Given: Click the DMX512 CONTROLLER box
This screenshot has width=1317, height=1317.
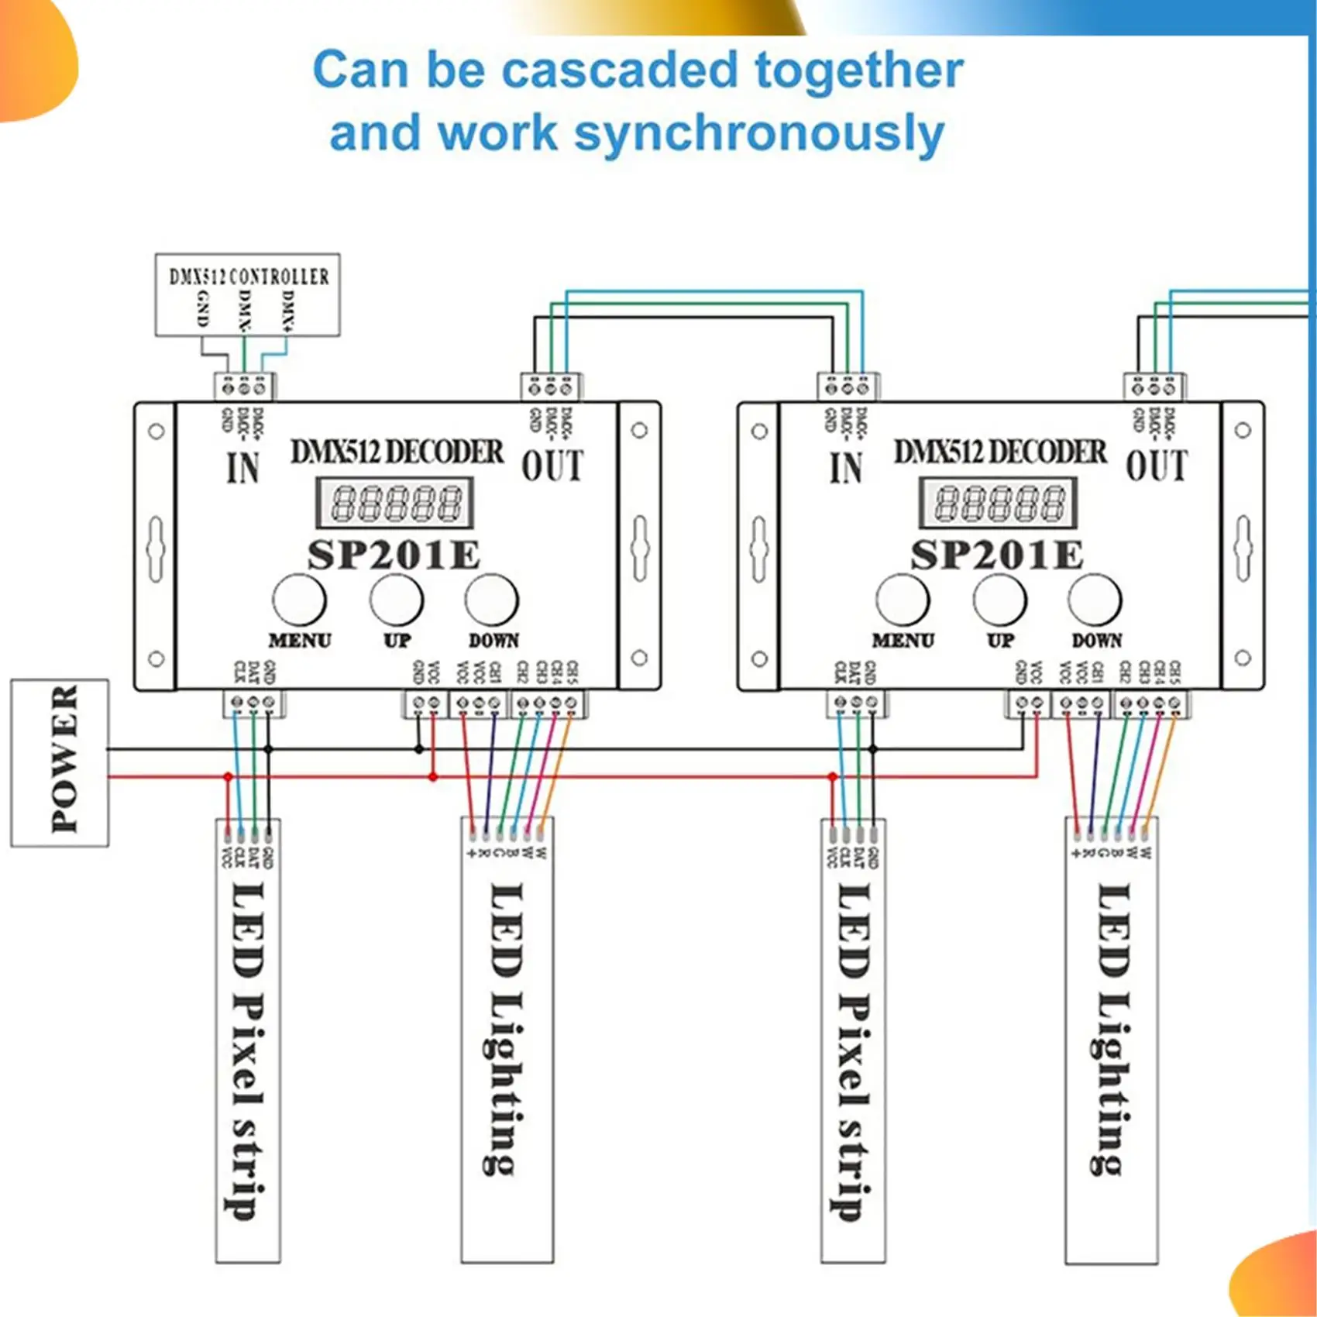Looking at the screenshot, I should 247,294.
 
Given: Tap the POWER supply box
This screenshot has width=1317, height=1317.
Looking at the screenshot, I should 60,763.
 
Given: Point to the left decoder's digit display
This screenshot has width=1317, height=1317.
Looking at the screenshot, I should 394,504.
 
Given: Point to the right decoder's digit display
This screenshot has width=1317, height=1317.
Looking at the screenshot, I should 998,504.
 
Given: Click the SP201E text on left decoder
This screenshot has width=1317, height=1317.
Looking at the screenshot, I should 394,555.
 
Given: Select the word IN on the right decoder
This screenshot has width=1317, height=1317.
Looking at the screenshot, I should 846,468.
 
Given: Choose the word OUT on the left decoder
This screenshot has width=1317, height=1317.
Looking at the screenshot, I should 552,466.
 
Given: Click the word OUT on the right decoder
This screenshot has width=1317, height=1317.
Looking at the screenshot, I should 1156,466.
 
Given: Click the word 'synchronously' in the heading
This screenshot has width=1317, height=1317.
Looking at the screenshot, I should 759,134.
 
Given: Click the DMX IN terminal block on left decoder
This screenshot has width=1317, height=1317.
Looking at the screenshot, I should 244,386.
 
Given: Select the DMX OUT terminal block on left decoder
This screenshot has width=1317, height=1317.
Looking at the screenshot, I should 551,386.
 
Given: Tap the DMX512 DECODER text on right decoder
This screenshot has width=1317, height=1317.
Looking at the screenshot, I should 1000,452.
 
